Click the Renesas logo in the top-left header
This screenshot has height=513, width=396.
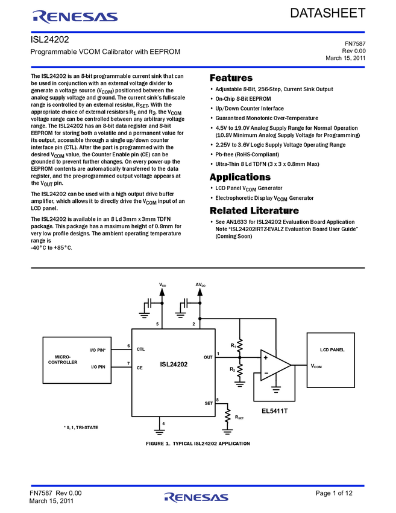tap(75, 17)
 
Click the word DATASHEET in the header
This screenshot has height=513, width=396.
tap(328, 13)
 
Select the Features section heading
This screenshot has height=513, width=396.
tap(231, 78)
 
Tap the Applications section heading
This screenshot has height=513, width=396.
tap(240, 177)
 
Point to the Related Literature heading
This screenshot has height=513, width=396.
tap(254, 211)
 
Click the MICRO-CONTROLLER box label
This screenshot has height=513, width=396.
tap(63, 360)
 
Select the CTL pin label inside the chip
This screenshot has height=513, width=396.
tap(140, 349)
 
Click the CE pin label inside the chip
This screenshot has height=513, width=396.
tap(139, 368)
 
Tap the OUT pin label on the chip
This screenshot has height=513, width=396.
tap(208, 357)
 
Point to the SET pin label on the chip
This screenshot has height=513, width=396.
tap(209, 403)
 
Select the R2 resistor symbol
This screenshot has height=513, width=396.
tap(240, 370)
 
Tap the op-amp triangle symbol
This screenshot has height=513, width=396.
tap(275, 365)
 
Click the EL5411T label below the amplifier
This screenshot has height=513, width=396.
tap(274, 411)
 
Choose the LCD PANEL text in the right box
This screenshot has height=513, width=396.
tap(332, 349)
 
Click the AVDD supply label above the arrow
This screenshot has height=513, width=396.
tap(201, 285)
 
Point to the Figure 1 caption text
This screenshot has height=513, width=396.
tap(198, 444)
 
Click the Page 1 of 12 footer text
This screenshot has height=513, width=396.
tap(334, 493)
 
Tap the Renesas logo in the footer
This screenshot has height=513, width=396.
tap(196, 497)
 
